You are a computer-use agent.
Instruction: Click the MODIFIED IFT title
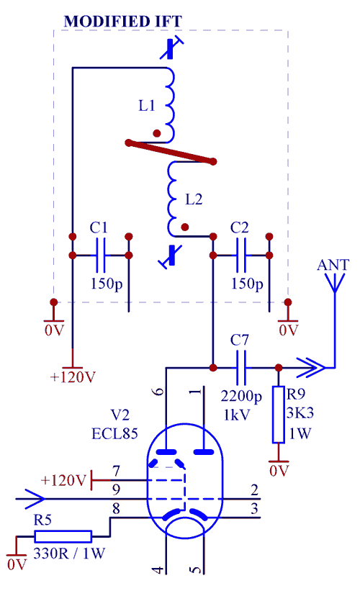pos(123,21)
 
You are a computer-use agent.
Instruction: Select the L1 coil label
pos(147,106)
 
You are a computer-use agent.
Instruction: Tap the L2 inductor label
pos(194,199)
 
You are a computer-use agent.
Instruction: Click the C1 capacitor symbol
pos(100,255)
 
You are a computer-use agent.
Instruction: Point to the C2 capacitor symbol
pos(241,255)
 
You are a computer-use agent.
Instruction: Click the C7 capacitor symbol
pos(241,368)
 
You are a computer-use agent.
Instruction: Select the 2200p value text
pos(241,396)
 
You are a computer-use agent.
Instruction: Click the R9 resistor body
pos(279,414)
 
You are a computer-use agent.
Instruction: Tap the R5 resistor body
pos(63,536)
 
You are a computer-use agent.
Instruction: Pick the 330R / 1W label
pos(69,554)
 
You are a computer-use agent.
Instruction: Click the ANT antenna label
pos(333,265)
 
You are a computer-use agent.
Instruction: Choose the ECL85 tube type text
pos(114,434)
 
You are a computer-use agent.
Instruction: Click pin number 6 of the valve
pos(159,391)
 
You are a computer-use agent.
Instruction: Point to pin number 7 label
pos(116,471)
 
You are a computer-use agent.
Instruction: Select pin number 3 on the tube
pos(254,509)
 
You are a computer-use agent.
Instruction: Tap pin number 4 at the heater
pos(159,569)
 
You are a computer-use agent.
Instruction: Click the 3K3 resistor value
pos(300,413)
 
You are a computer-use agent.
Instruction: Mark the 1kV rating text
pos(237,415)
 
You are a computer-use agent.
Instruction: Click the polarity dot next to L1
pos(157,133)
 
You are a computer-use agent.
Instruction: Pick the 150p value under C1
pos(107,284)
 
